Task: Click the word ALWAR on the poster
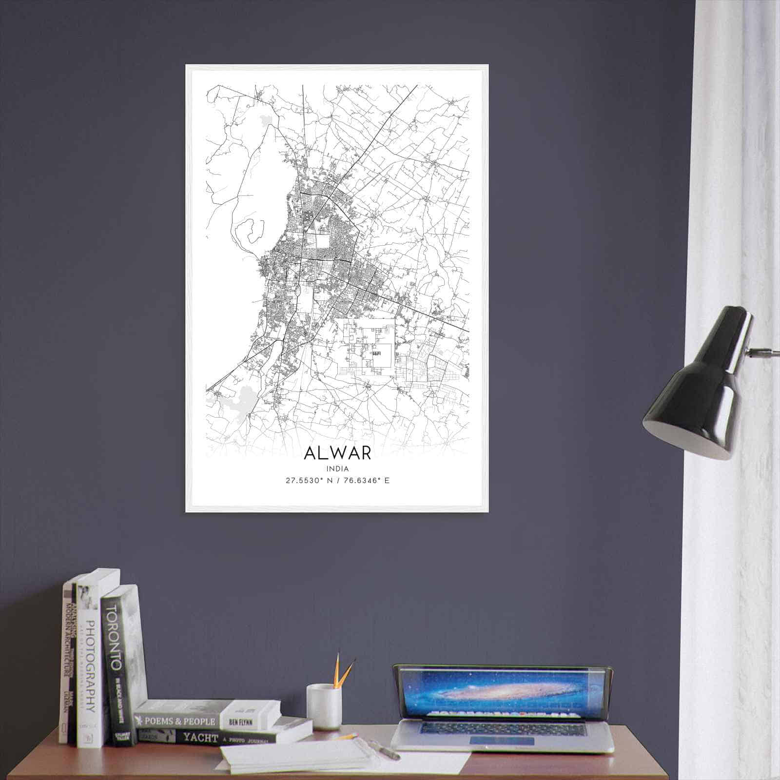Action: (337, 452)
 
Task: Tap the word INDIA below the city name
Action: (337, 469)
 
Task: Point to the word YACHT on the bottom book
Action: (200, 738)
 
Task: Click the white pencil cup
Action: (323, 706)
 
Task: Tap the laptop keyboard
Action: (502, 729)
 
